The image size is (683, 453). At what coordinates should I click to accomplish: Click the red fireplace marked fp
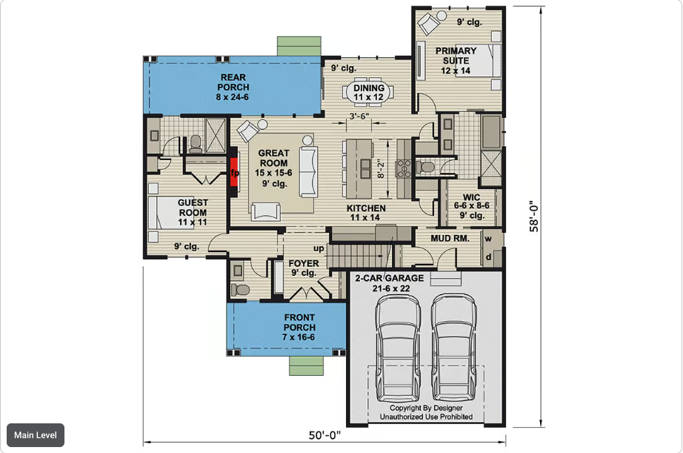(234, 173)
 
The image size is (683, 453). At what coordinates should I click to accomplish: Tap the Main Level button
(36, 435)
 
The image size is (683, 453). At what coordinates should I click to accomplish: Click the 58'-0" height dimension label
(534, 216)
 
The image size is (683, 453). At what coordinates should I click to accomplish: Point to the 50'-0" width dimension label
(324, 435)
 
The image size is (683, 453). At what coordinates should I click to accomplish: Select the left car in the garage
(398, 348)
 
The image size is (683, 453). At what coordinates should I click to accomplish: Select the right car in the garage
(453, 348)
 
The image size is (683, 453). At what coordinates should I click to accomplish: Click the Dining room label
(368, 93)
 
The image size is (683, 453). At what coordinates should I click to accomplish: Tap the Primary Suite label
(456, 61)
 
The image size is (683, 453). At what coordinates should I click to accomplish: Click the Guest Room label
(193, 212)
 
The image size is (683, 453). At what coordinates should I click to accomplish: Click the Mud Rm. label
(450, 239)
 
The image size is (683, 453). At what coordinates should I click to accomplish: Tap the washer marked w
(488, 239)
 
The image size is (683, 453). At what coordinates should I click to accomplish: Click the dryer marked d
(488, 257)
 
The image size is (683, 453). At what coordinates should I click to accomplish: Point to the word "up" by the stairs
(319, 248)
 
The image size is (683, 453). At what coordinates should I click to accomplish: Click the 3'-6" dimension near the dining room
(359, 116)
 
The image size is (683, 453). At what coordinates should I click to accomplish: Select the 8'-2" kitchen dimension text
(380, 169)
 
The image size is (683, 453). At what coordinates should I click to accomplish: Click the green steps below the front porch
(307, 366)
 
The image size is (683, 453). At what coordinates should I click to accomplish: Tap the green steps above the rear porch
(299, 46)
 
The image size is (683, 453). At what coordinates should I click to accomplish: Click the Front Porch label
(299, 327)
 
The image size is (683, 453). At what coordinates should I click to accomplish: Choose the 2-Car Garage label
(390, 283)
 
